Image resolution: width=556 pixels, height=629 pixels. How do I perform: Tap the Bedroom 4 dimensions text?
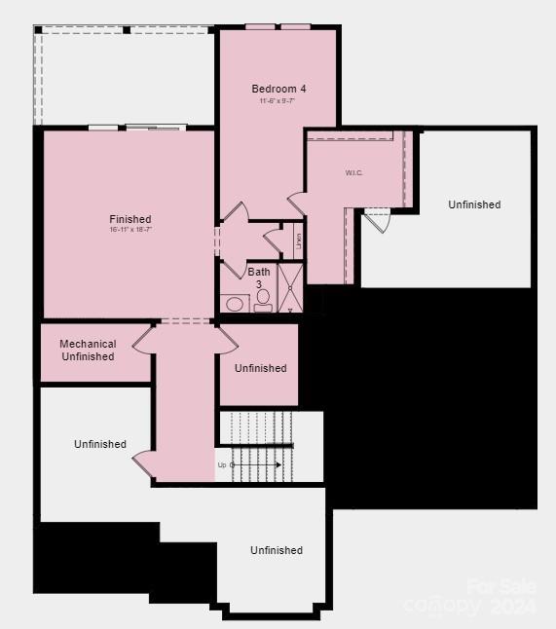point(278,101)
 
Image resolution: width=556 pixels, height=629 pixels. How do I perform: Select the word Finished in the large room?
point(130,219)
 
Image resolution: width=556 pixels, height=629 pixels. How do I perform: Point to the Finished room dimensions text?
point(130,230)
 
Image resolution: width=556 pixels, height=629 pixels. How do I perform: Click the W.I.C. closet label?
point(353,172)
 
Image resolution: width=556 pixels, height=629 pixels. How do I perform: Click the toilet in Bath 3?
point(263,300)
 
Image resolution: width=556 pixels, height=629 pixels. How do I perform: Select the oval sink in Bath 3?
point(235,304)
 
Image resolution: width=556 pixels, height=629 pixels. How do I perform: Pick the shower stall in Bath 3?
point(290,288)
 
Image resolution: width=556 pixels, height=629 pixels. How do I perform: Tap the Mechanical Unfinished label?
point(88,351)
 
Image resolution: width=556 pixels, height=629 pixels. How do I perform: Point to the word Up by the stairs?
point(222,464)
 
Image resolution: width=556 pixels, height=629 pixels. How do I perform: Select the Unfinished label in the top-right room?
point(474,204)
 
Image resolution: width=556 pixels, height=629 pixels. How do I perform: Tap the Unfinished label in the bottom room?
point(277,550)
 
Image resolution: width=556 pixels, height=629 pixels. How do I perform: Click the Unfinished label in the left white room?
point(100,444)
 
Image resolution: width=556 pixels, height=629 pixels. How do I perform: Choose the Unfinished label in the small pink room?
point(260,368)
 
